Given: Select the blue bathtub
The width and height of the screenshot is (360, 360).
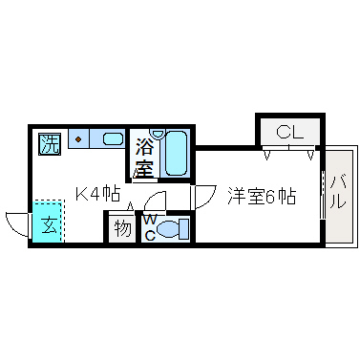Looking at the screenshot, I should pyautogui.click(x=175, y=153).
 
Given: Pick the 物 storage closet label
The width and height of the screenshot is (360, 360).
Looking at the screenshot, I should pyautogui.click(x=122, y=228).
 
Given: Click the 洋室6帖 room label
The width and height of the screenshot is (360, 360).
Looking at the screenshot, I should pyautogui.click(x=261, y=198).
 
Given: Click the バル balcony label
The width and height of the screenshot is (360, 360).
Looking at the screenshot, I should pyautogui.click(x=338, y=195).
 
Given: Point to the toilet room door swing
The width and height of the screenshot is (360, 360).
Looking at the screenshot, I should pyautogui.click(x=156, y=201).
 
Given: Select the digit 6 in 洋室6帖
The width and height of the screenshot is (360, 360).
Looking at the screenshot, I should pyautogui.click(x=272, y=198).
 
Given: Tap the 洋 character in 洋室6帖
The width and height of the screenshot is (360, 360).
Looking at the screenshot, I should pyautogui.click(x=235, y=198).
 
